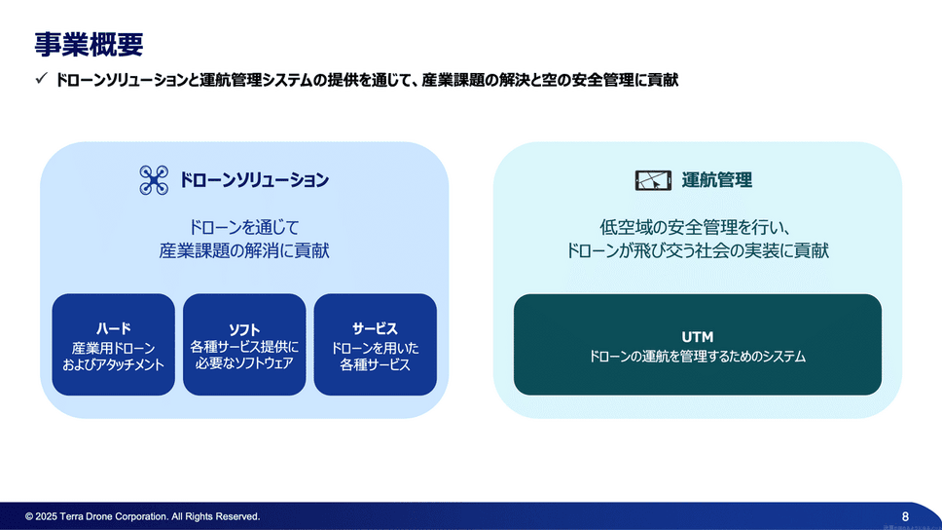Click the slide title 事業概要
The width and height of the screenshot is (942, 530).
89,44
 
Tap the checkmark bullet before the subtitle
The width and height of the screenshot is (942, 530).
41,80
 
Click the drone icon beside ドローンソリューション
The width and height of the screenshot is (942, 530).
153,180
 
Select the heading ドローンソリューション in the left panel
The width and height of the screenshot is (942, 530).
254,180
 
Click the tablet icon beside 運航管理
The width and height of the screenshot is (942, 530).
653,180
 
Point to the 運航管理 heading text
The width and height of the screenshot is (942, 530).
717,180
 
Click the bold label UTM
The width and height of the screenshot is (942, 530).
697,337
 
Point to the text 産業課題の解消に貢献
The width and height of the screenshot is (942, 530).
244,251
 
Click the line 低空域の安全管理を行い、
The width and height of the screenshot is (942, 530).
697,227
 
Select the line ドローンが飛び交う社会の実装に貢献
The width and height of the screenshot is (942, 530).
697,251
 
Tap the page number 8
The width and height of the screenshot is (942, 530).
905,516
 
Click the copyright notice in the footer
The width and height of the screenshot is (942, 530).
142,516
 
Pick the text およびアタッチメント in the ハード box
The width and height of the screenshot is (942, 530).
113,365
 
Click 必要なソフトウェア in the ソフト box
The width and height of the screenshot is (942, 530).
244,363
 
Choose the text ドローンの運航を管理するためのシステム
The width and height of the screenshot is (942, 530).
697,358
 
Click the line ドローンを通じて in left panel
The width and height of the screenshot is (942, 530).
244,227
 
